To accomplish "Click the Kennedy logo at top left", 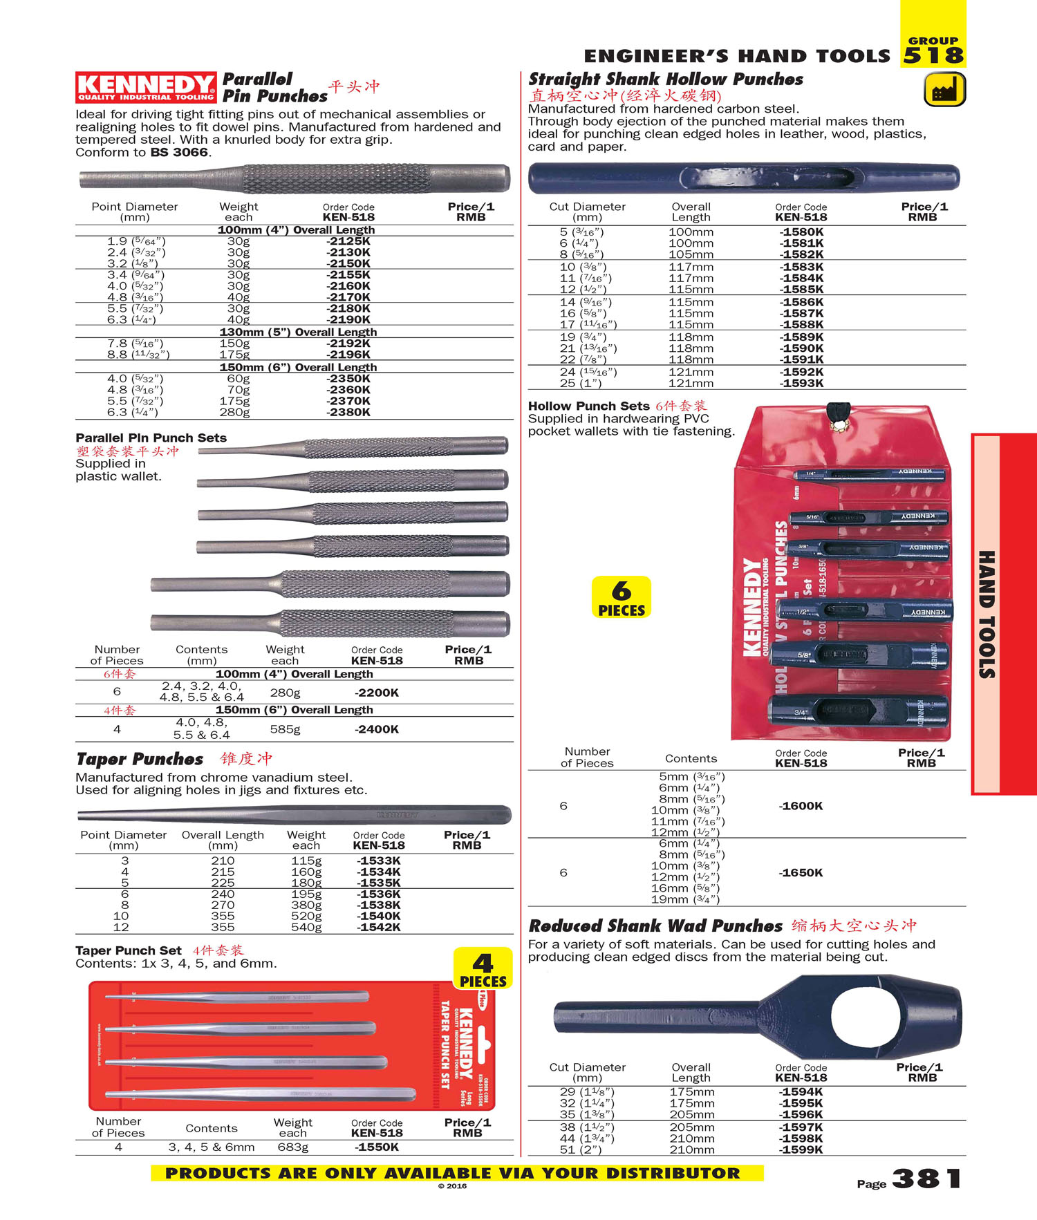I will [145, 88].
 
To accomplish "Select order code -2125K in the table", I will [348, 241].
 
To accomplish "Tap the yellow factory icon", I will [944, 91].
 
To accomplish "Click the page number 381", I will [926, 1179].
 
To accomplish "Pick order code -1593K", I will [802, 384].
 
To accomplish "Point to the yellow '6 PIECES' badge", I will [622, 597].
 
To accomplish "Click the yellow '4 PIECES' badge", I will [483, 969].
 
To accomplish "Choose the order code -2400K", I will [377, 729].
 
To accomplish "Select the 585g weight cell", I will [285, 729].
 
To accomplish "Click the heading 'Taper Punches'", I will [140, 759].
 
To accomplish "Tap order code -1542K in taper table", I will [379, 928].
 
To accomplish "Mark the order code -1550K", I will [377, 1147].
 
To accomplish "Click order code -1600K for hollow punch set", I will [801, 806].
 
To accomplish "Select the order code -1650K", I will [801, 873].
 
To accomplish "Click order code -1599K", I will [801, 1150].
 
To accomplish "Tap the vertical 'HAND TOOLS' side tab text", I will [987, 614].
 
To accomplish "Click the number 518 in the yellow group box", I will [933, 55].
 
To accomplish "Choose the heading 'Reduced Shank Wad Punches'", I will [655, 926].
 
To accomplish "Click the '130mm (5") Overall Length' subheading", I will [298, 332].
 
